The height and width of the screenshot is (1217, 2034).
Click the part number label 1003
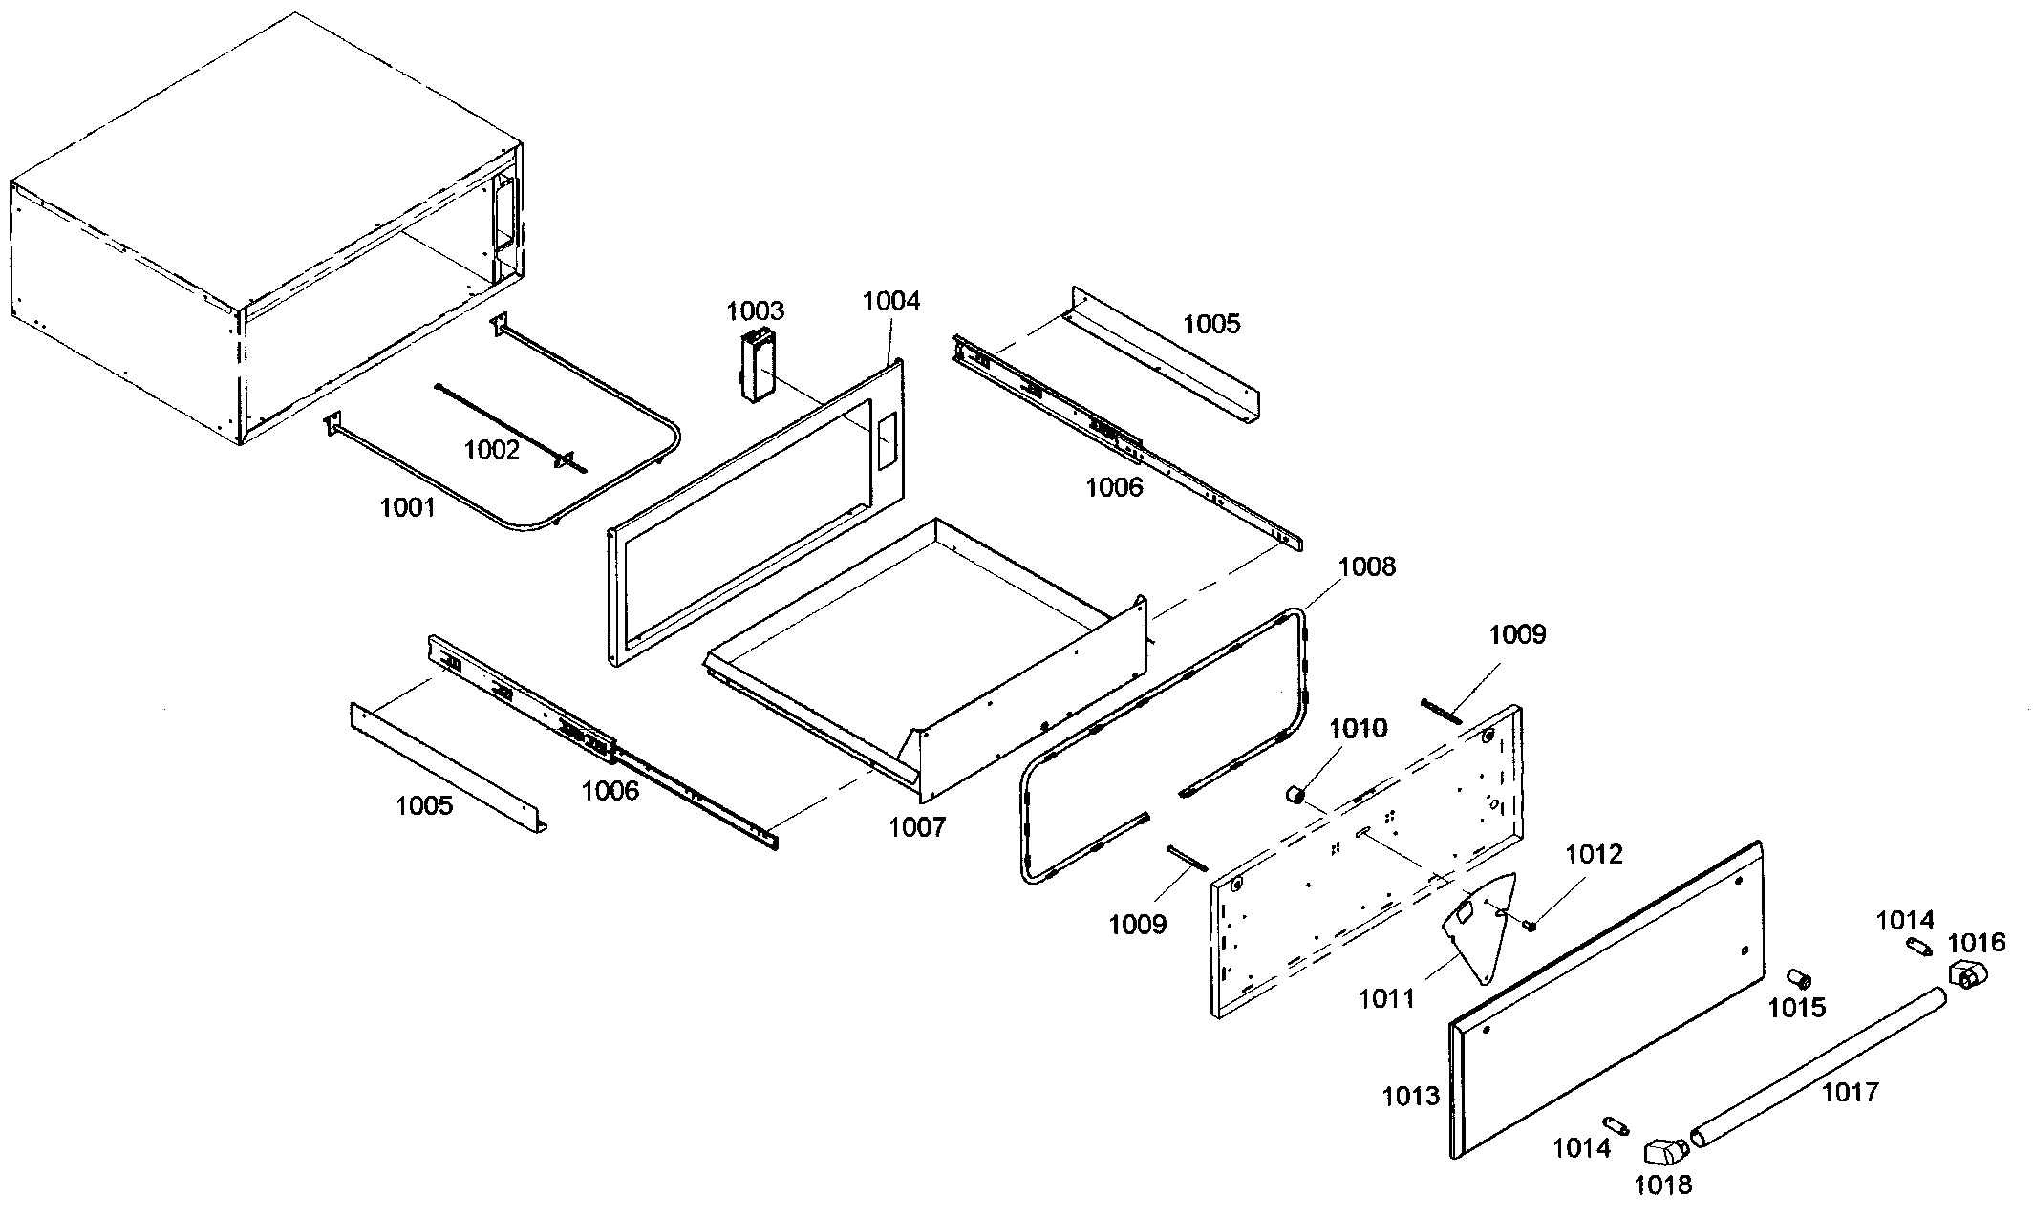755,310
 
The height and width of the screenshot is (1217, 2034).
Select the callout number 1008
1366,566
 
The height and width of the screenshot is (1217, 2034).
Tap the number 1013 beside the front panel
1410,1096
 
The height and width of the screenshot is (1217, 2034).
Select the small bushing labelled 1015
1799,978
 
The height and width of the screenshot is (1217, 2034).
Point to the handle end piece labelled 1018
1665,1151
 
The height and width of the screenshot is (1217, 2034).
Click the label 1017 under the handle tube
1850,1091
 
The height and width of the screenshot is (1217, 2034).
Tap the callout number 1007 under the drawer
916,826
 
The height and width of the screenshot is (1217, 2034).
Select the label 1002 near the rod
491,449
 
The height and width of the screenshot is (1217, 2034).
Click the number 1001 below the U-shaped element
408,507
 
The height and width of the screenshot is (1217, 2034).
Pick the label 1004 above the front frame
890,301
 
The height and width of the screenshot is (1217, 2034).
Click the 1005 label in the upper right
1211,324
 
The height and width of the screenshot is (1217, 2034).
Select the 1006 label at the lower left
610,790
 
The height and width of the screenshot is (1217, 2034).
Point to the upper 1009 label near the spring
1517,634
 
